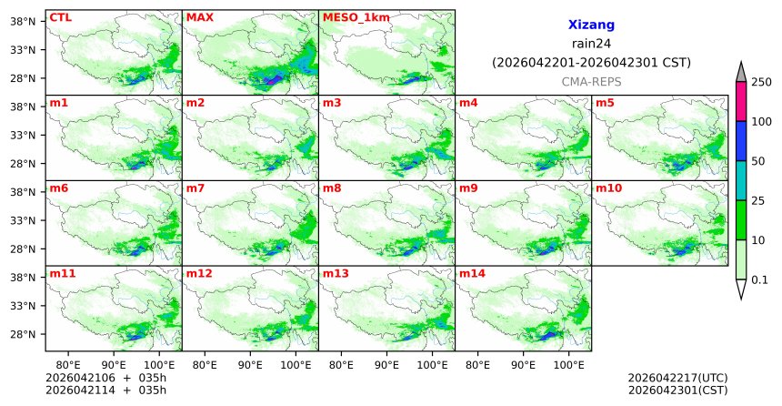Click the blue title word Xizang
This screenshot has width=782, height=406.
click(x=591, y=25)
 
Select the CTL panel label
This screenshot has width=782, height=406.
click(x=60, y=17)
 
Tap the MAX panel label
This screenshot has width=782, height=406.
click(x=199, y=17)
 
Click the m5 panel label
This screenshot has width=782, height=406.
click(x=605, y=103)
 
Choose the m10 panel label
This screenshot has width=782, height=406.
click(x=608, y=188)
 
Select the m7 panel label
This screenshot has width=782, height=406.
click(x=195, y=188)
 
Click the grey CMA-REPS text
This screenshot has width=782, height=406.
click(x=591, y=82)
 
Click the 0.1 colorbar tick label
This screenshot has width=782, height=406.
click(x=759, y=280)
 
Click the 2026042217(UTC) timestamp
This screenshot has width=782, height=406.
click(x=677, y=378)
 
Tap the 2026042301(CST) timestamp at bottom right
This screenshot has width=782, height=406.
click(x=677, y=391)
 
